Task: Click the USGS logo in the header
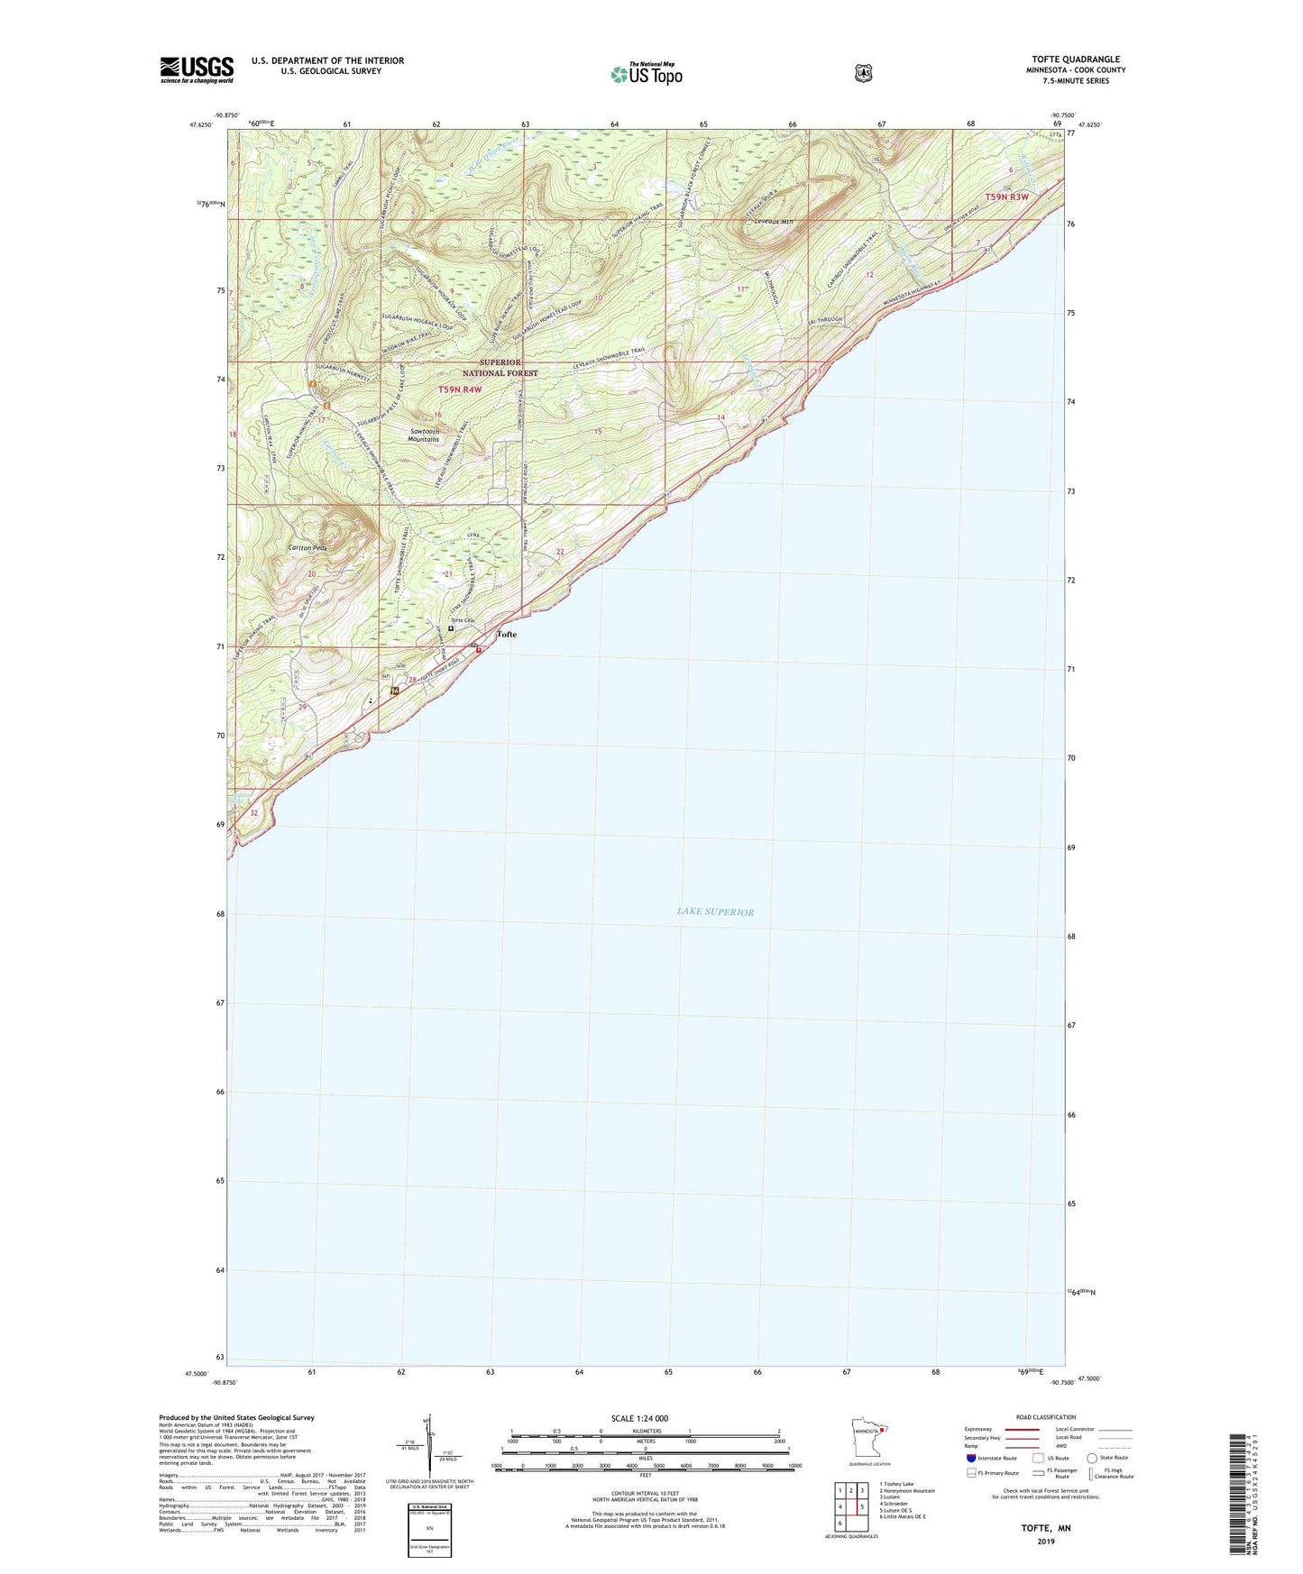[x=197, y=69]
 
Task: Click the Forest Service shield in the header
[x=863, y=72]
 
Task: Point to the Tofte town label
[x=507, y=635]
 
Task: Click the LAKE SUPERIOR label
[x=715, y=912]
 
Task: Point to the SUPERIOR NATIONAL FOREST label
[x=500, y=368]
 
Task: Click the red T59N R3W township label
[x=1006, y=197]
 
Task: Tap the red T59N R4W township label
[x=460, y=389]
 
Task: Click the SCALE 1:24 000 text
[x=639, y=1418]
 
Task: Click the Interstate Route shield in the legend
[x=970, y=1458]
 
